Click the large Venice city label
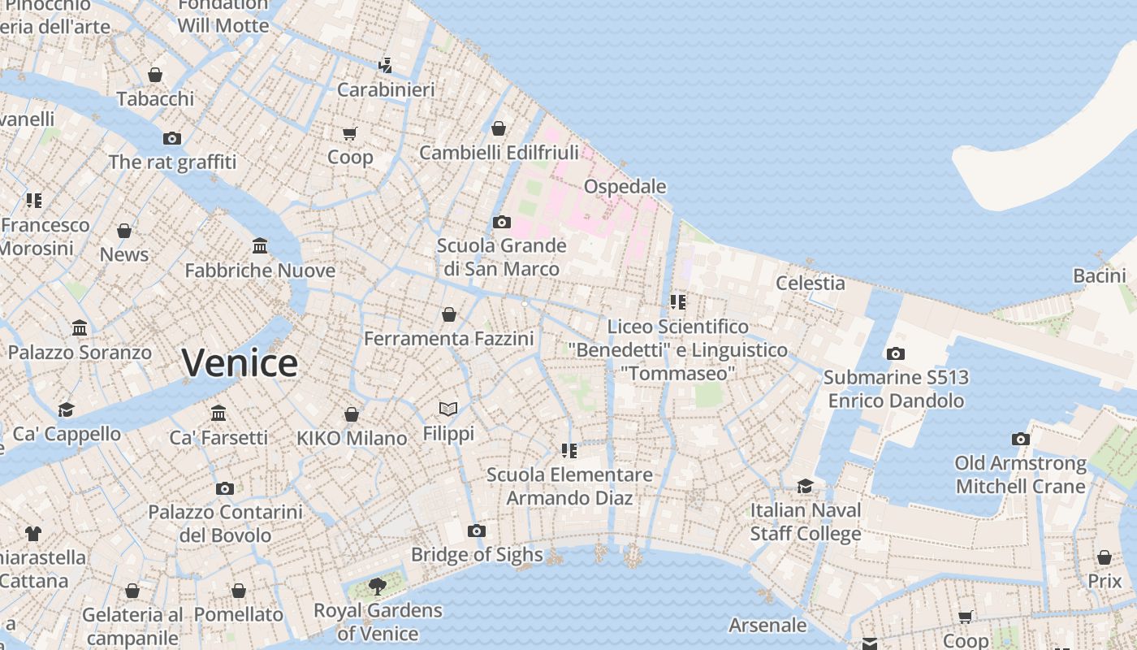click(x=240, y=363)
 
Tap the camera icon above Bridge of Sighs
click(x=477, y=531)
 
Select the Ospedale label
click(x=625, y=187)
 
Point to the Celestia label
click(x=810, y=283)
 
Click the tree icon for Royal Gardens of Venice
click(x=377, y=586)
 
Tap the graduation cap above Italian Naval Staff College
click(x=805, y=486)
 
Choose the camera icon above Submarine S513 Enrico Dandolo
click(x=895, y=353)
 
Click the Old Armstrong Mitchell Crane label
click(x=1020, y=474)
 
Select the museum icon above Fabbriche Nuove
click(x=260, y=245)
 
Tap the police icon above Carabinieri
click(x=386, y=65)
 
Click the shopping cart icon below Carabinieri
click(x=350, y=133)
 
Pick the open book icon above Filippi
click(x=448, y=409)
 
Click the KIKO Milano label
click(x=352, y=438)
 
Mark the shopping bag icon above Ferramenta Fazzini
click(x=448, y=314)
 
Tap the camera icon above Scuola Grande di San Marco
click(x=501, y=222)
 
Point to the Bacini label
click(x=1099, y=275)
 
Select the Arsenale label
click(x=767, y=625)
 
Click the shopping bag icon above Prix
click(x=1104, y=557)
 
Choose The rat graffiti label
click(x=172, y=162)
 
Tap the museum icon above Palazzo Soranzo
click(x=80, y=328)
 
